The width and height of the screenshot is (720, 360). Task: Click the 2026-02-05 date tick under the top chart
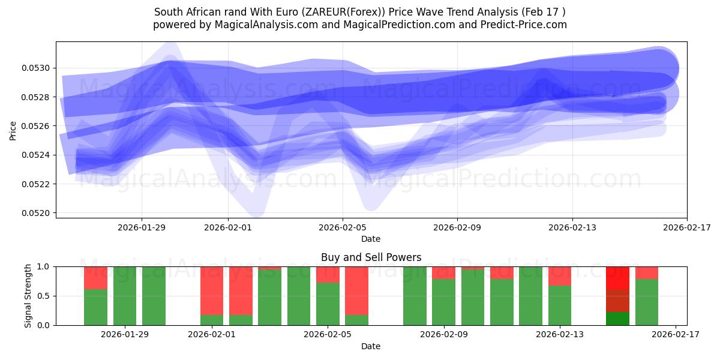pos(343,227)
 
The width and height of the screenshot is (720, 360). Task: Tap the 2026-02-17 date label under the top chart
pos(686,227)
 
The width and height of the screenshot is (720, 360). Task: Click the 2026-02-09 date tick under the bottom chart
pos(445,335)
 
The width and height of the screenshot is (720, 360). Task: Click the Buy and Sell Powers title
pos(371,257)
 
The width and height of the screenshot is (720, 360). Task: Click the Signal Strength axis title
pos(28,296)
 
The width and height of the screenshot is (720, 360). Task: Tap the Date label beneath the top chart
pos(371,239)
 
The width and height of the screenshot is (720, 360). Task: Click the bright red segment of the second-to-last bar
pos(617,278)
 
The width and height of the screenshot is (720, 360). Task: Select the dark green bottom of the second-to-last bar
pos(617,319)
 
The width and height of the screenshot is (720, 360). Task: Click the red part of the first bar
pos(95,278)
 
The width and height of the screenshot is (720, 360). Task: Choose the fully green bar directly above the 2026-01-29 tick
pos(125,296)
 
